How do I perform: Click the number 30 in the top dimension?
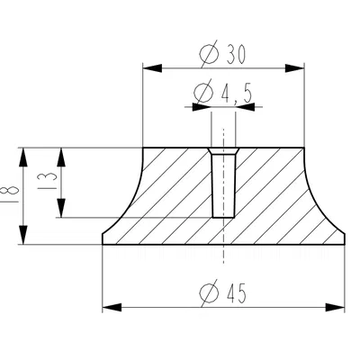click(x=229, y=55)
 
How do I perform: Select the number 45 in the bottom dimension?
click(x=231, y=293)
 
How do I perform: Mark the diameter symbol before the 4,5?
click(x=202, y=92)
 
